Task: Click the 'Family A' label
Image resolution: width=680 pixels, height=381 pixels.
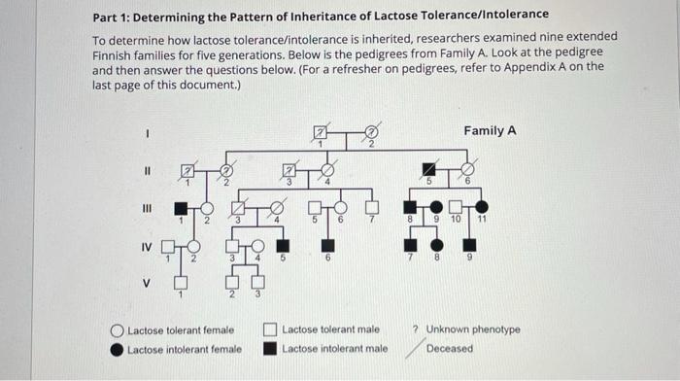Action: click(490, 130)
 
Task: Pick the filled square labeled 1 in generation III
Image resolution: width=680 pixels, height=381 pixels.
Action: click(181, 207)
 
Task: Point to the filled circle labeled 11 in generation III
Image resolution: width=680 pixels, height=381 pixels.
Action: click(482, 207)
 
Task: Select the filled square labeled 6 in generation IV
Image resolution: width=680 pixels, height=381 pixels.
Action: click(327, 243)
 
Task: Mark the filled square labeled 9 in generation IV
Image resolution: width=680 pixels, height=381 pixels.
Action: click(469, 243)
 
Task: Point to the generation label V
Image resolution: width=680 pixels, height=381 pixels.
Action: click(148, 284)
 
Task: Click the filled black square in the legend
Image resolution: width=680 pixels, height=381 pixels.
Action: click(271, 348)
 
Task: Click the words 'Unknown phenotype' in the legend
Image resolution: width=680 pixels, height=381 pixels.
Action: click(473, 329)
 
